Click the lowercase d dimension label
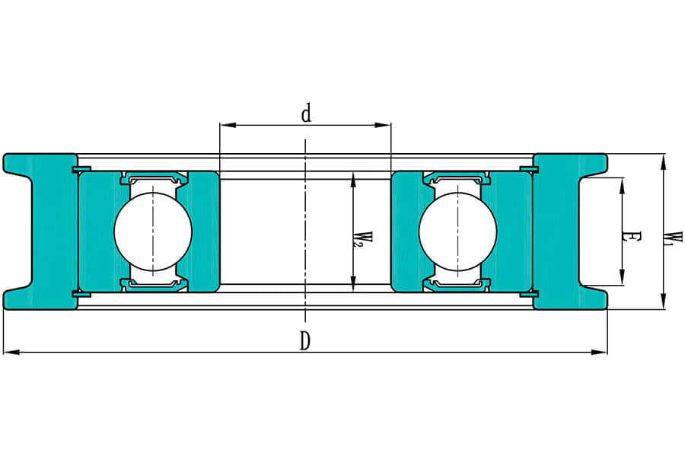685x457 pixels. point(306,114)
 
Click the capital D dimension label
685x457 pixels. point(304,341)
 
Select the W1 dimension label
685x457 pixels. point(672,238)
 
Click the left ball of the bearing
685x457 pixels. point(153,232)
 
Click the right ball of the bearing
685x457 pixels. point(457,232)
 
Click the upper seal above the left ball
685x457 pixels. point(153,180)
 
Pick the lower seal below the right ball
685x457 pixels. point(457,284)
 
